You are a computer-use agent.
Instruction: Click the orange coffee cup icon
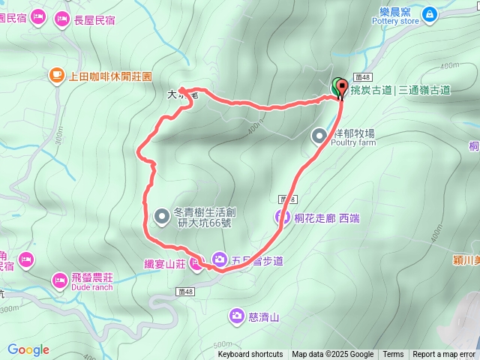pos(56,75)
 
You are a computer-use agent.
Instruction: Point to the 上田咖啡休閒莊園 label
pos(110,76)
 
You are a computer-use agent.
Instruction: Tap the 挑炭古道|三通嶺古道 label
pos(400,90)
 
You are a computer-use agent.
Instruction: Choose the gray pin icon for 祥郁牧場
pos(319,136)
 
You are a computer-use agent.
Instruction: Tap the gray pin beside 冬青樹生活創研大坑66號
pos(161,217)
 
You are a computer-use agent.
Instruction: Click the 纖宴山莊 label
pos(165,263)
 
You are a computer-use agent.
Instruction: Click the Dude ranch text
pos(92,288)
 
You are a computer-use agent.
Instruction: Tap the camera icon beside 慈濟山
pos(237,316)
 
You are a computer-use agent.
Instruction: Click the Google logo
pos(28,349)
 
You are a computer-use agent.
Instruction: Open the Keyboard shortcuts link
pos(250,355)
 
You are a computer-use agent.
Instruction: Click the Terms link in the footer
pos(393,355)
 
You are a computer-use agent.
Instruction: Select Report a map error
pos(444,355)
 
